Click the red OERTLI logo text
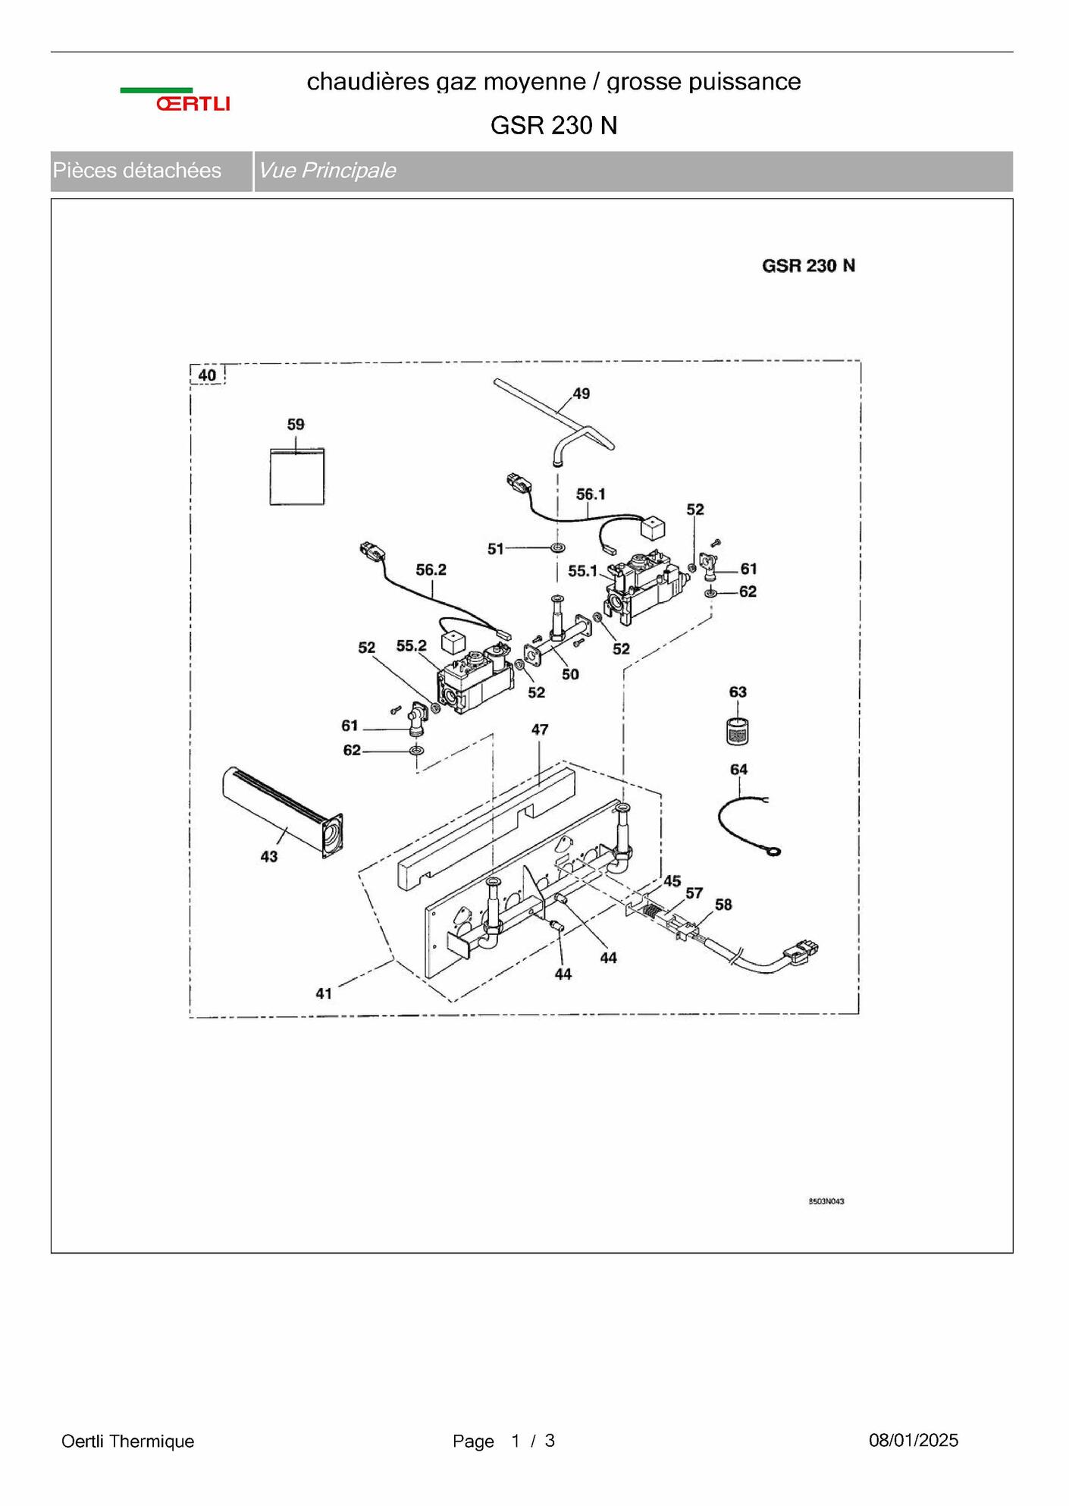pyautogui.click(x=193, y=104)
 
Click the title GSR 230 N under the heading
pyautogui.click(x=553, y=125)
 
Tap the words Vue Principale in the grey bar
pyautogui.click(x=327, y=171)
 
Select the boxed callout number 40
pyautogui.click(x=207, y=375)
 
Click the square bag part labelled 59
pyautogui.click(x=297, y=476)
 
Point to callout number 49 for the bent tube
pyautogui.click(x=581, y=394)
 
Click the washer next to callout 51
pyautogui.click(x=558, y=547)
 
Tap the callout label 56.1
pyautogui.click(x=591, y=494)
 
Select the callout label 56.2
pyautogui.click(x=431, y=569)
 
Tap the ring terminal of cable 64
pyautogui.click(x=773, y=852)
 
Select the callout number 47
pyautogui.click(x=539, y=729)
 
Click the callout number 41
pyautogui.click(x=324, y=993)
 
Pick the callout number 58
pyautogui.click(x=723, y=905)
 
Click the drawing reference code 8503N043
pyautogui.click(x=826, y=1201)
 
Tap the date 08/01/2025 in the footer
pyautogui.click(x=913, y=1440)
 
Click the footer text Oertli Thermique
pyautogui.click(x=127, y=1441)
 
